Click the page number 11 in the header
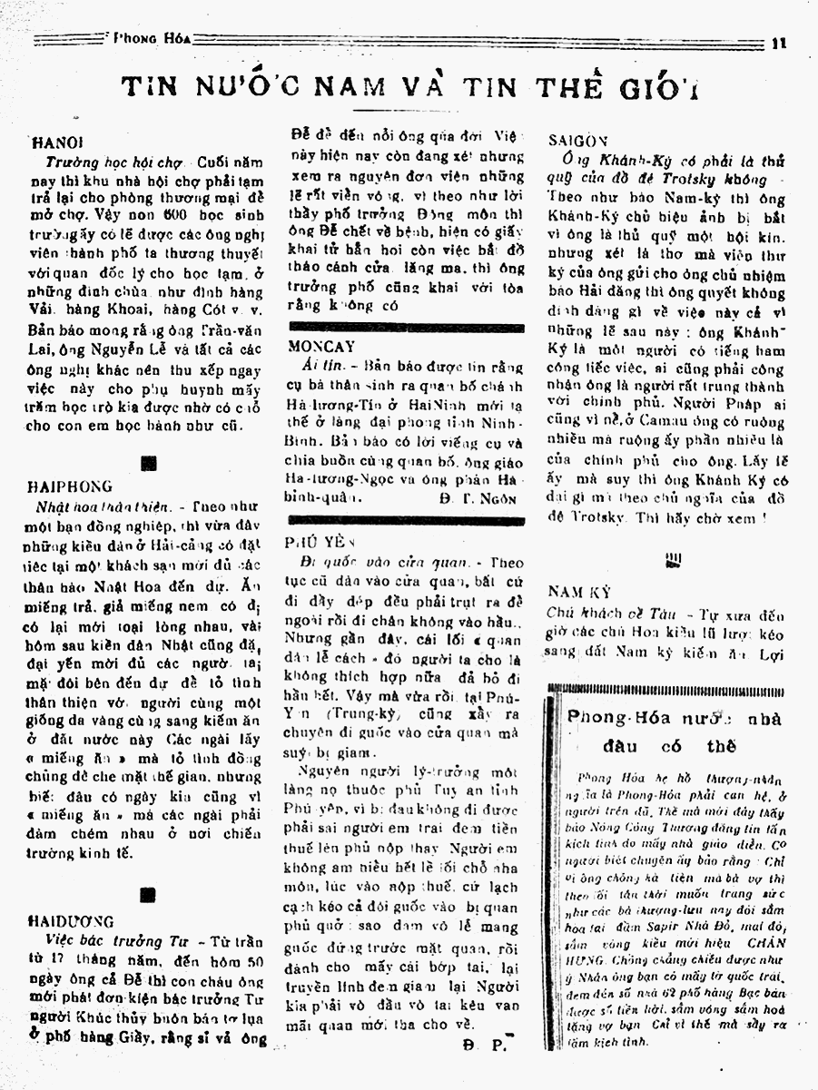778,40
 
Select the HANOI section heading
58,143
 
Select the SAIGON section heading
578,140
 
